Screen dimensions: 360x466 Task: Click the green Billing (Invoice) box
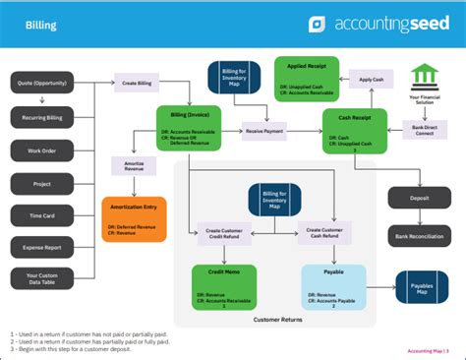pyautogui.click(x=189, y=127)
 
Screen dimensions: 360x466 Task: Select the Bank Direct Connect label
pyautogui.click(x=426, y=129)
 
